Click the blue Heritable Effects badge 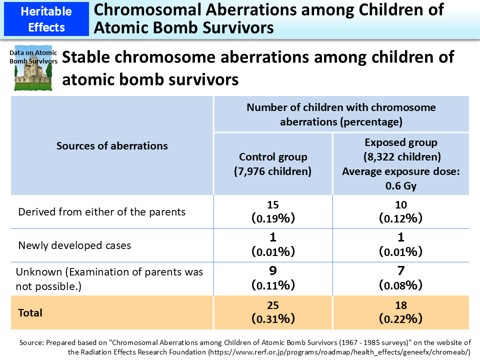pos(45,18)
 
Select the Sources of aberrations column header pos(112,145)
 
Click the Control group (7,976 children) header pos(273,164)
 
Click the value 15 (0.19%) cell pos(273,211)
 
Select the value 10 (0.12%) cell pos(400,211)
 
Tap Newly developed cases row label pos(74,245)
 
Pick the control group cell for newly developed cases pos(273,244)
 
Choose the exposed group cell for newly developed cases pos(400,244)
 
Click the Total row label pos(30,312)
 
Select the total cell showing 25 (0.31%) pos(273,312)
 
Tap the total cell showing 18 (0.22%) pos(400,312)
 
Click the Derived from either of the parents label pos(101,211)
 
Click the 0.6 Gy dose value pos(400,185)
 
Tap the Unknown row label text pos(109,278)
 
